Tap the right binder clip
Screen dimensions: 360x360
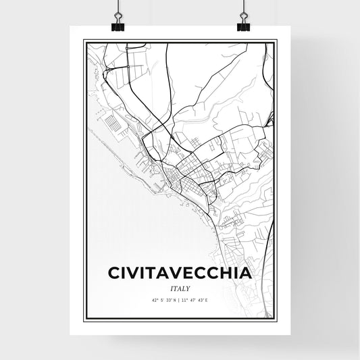pos(242,26)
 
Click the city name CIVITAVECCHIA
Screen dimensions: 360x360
pos(180,272)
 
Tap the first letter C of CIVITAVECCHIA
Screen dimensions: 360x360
pos(113,272)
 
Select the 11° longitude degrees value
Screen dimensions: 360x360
pos(186,299)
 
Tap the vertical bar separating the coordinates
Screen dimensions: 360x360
pos(179,299)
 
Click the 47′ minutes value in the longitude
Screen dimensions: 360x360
pos(196,299)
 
